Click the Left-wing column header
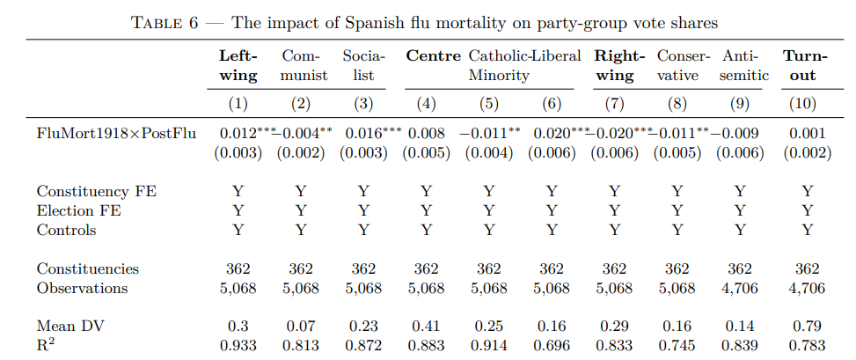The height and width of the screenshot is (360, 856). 238,65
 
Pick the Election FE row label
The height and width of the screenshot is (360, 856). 79,210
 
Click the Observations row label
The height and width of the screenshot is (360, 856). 82,288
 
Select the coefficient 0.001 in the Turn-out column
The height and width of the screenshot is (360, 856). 807,133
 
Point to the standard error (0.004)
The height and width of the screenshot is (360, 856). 488,152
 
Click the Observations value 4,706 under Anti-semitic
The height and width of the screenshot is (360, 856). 739,288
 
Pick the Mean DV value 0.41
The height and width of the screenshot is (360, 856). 427,327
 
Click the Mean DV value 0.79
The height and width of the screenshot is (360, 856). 807,327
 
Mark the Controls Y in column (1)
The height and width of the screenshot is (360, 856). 238,230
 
